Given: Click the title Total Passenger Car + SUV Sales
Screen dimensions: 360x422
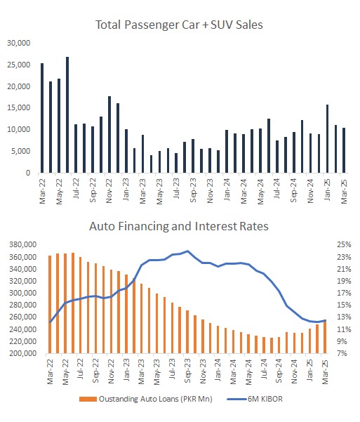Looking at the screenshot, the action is point(179,25).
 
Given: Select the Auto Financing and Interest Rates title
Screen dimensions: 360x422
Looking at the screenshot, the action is point(179,226).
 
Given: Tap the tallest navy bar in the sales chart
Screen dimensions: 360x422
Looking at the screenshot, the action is point(67,114).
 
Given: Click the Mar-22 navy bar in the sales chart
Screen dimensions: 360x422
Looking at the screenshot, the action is point(42,118).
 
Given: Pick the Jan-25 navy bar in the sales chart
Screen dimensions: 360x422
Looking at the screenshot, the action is point(327,138).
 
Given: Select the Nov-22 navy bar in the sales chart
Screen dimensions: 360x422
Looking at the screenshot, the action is point(109,134).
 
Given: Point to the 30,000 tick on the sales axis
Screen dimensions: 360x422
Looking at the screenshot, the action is point(18,43).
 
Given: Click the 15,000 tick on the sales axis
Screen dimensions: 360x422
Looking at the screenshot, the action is point(18,108).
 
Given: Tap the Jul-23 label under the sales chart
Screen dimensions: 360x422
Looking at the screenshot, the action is point(176,188).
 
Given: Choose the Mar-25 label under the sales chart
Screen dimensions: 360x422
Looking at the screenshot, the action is point(344,192).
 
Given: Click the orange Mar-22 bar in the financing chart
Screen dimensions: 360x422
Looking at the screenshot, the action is point(50,305).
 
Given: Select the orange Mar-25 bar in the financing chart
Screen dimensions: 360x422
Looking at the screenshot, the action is point(325,336).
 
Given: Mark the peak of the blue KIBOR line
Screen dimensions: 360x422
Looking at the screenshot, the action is point(187,251).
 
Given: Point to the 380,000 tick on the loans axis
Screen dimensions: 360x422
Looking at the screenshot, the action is point(23,244).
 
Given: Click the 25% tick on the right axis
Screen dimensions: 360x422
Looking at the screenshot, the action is point(344,244).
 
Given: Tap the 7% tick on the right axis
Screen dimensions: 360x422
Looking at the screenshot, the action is point(342,353).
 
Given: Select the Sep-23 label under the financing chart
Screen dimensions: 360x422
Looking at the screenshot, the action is point(187,371).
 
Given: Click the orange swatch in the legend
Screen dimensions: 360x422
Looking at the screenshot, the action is point(88,399).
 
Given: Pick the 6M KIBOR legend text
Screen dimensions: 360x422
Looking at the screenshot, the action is point(265,399).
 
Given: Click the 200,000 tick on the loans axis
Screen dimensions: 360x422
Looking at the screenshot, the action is point(23,353).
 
